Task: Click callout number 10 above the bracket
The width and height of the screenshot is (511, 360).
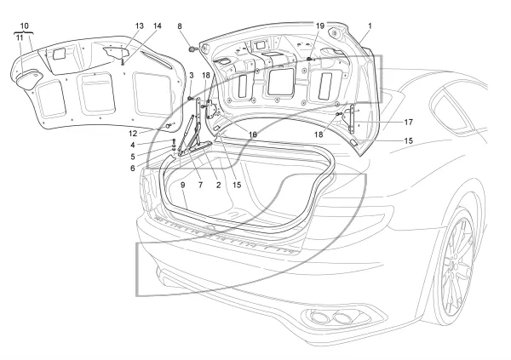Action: pos(24,26)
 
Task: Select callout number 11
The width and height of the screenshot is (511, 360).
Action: pos(20,37)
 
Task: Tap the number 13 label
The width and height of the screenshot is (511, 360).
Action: pos(139,26)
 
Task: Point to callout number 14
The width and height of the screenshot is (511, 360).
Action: pos(158,26)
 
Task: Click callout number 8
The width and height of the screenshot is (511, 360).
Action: pos(180,26)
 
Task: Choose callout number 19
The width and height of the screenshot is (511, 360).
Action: pos(320,26)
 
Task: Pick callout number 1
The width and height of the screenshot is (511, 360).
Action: pos(370,26)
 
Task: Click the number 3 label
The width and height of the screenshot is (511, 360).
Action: pos(192,75)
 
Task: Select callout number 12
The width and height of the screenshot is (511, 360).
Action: pos(133,134)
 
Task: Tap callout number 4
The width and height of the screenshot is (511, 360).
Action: pos(133,145)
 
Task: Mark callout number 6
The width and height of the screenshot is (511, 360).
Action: pos(133,169)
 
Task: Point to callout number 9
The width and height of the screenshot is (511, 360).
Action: pos(183,185)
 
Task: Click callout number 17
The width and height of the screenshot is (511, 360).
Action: pos(408,123)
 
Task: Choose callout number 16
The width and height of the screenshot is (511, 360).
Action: pos(253,134)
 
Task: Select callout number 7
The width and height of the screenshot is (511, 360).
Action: pos(200,185)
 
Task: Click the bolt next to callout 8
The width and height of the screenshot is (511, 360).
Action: pos(193,49)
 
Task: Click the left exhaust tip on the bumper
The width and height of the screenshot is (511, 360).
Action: pos(319,317)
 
